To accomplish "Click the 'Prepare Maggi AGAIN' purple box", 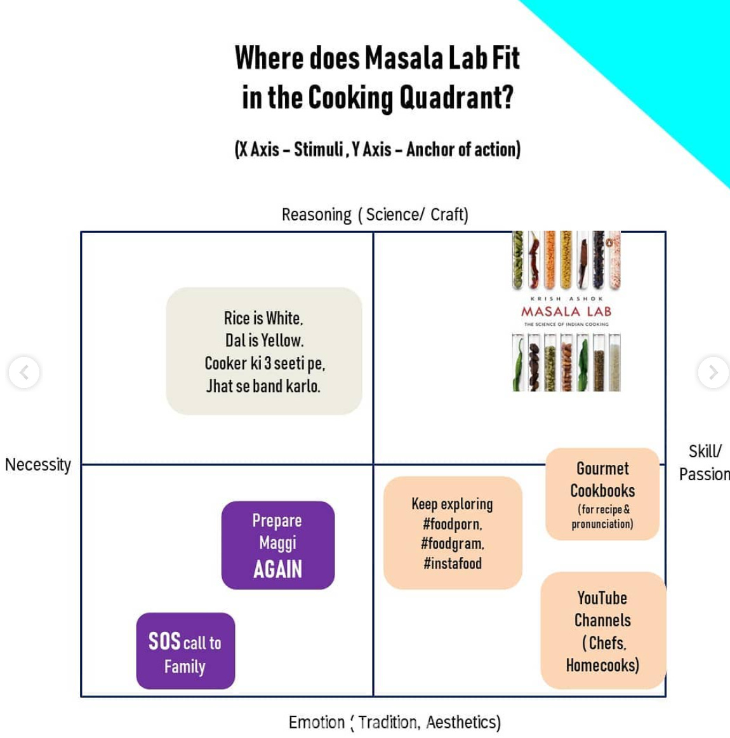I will point(277,545).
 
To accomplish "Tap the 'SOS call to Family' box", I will point(185,651).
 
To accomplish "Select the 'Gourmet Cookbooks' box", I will point(602,493).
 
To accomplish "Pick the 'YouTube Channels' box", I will point(602,631).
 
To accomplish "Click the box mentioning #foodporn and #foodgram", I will point(453,533).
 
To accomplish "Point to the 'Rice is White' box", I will point(263,351).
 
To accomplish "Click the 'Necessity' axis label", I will point(38,464).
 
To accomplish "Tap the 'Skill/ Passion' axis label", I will point(704,462).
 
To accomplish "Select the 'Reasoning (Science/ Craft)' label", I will point(375,215).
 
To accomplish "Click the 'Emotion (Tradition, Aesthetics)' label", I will point(394,722).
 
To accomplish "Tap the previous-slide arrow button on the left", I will point(24,372).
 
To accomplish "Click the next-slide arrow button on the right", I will point(713,372).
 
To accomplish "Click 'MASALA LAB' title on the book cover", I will point(566,311).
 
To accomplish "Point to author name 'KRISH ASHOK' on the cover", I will point(566,299).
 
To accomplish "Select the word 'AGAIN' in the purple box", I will point(277,569).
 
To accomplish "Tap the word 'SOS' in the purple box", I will point(164,641).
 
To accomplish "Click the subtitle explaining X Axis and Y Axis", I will point(377,149).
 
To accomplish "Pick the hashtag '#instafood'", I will point(453,563).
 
